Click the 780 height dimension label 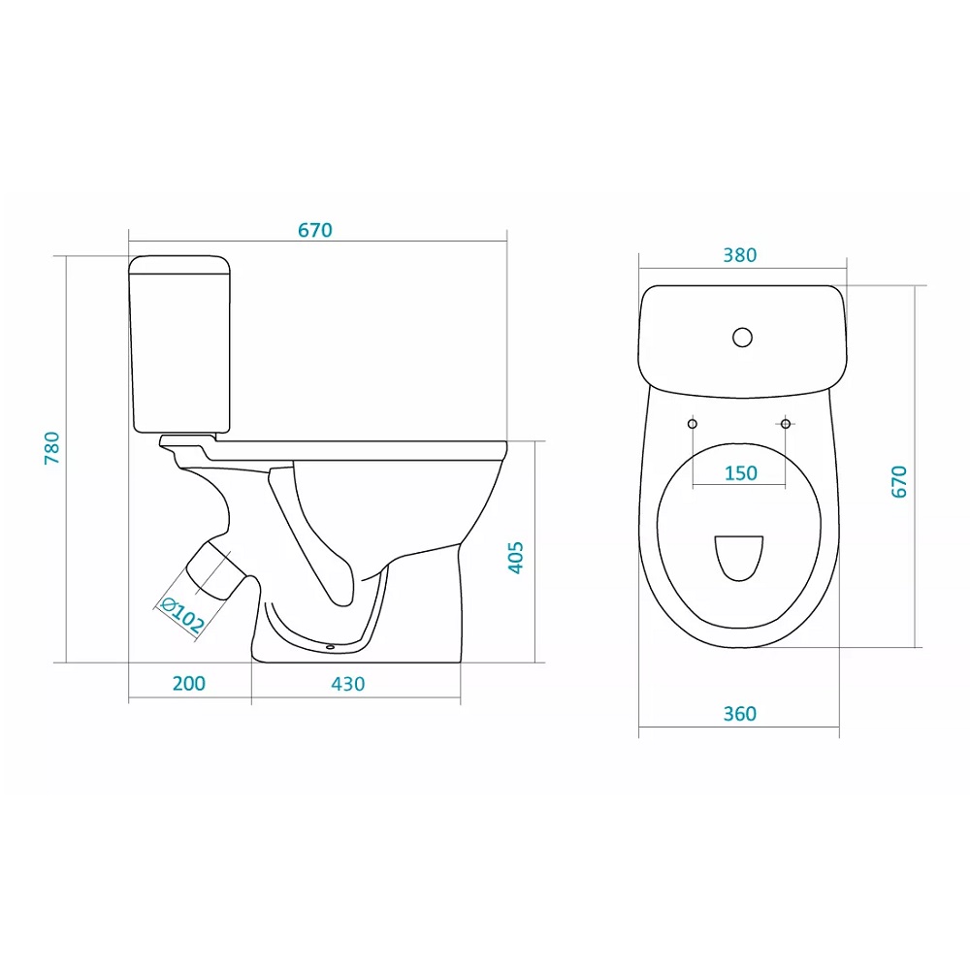pyautogui.click(x=52, y=448)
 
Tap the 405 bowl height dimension pyautogui.click(x=515, y=558)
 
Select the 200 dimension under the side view pyautogui.click(x=189, y=684)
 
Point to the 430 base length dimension pyautogui.click(x=347, y=684)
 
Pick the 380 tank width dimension pyautogui.click(x=740, y=255)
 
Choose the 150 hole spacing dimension pyautogui.click(x=740, y=473)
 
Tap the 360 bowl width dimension pyautogui.click(x=740, y=714)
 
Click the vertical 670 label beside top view pyautogui.click(x=899, y=482)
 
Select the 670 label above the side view pyautogui.click(x=315, y=230)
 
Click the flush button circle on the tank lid pyautogui.click(x=742, y=338)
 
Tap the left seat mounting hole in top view pyautogui.click(x=693, y=424)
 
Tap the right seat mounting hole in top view pyautogui.click(x=786, y=424)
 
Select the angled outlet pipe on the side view pyautogui.click(x=215, y=569)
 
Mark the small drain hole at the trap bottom pyautogui.click(x=330, y=647)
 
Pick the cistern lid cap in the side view pyautogui.click(x=179, y=265)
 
